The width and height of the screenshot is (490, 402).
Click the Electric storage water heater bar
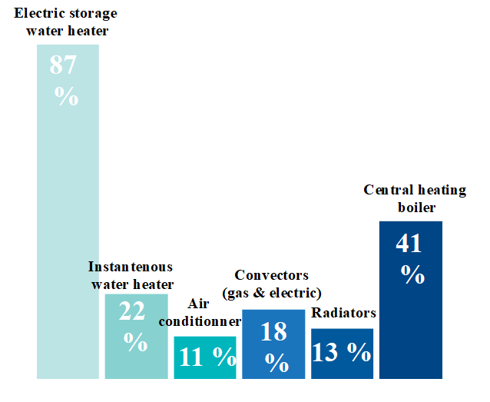pos(68,231)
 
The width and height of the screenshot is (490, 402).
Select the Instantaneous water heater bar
pos(136,361)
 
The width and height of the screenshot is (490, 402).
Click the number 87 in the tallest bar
pos(63,65)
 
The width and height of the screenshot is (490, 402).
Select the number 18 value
pos(273,331)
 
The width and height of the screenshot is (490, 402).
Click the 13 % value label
pos(342,351)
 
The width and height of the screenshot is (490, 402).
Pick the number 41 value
pos(409,244)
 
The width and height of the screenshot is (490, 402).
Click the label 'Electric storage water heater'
pos(66,22)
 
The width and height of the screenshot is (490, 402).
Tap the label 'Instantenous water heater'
pos(131,276)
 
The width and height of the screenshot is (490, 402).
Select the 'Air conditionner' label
pos(200,312)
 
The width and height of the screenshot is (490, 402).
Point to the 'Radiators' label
pos(343,313)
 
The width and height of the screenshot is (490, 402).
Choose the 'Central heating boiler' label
pos(415,198)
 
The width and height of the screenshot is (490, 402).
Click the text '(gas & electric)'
pos(271,293)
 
